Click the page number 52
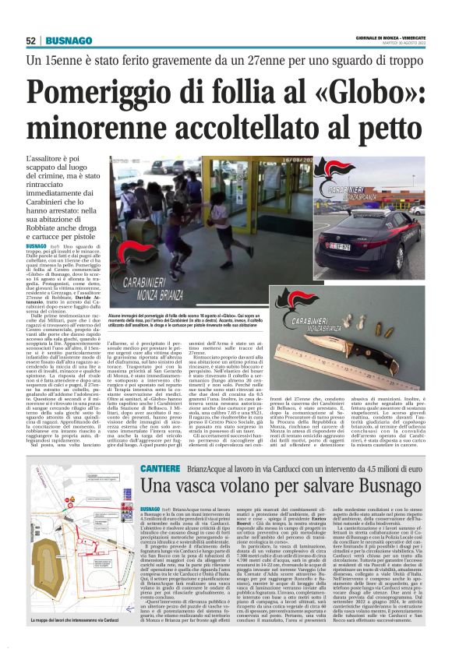pyautogui.click(x=31, y=41)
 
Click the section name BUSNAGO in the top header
pyautogui.click(x=68, y=41)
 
